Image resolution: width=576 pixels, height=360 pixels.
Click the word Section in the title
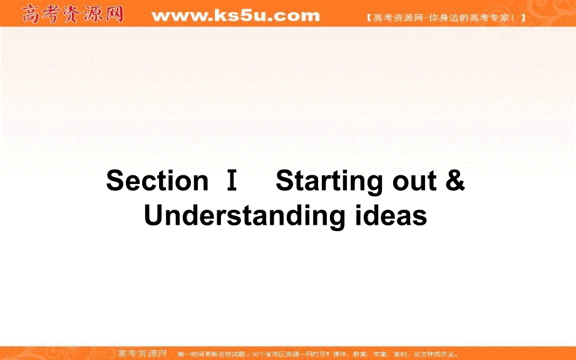click(x=157, y=181)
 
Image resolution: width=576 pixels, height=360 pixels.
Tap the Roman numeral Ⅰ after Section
click(x=232, y=181)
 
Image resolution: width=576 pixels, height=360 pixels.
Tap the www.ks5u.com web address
click(x=235, y=14)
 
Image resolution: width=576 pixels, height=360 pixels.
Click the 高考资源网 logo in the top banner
click(x=73, y=13)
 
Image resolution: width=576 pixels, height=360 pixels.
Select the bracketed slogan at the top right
click(x=445, y=18)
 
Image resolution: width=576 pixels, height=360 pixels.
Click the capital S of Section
click(x=115, y=181)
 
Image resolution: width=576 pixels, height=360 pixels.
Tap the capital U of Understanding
click(x=154, y=215)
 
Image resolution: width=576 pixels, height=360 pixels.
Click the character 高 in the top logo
click(x=31, y=13)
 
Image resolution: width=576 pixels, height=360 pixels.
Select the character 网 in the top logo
click(x=114, y=13)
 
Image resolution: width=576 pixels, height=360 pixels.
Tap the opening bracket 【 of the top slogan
click(x=369, y=18)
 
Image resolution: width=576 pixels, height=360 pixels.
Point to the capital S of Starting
click(x=284, y=181)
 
